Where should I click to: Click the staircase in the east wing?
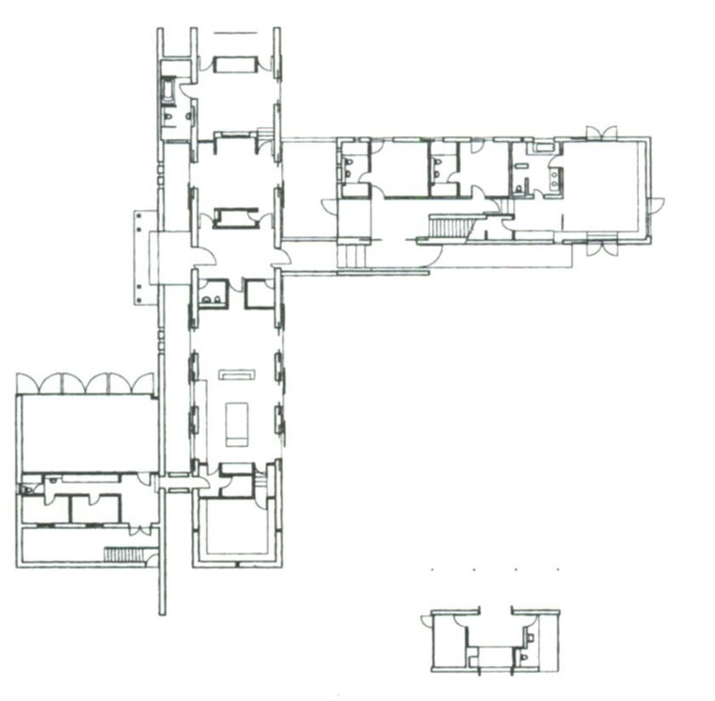[x=450, y=226]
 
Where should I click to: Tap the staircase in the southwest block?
[x=121, y=554]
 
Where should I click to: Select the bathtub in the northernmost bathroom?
[x=168, y=90]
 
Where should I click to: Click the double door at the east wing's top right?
[x=601, y=132]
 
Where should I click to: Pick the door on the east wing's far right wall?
[x=656, y=205]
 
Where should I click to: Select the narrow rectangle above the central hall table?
[x=237, y=374]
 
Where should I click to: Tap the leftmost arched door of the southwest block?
[x=27, y=384]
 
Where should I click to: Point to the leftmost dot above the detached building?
[x=432, y=569]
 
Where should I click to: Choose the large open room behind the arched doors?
[x=87, y=433]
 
